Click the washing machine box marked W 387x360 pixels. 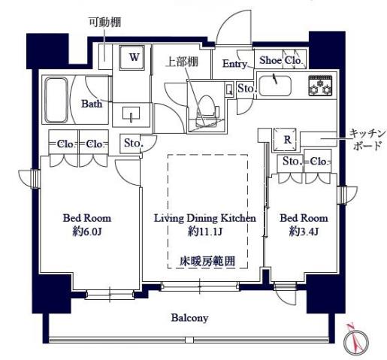pyautogui.click(x=135, y=57)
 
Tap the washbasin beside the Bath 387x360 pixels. pyautogui.click(x=132, y=115)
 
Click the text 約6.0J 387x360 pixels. pyautogui.click(x=86, y=232)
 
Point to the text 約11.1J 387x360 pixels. pyautogui.click(x=205, y=232)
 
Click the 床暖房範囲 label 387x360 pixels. pyautogui.click(x=207, y=261)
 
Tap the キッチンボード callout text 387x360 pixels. pyautogui.click(x=367, y=140)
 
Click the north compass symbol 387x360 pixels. pyautogui.click(x=354, y=342)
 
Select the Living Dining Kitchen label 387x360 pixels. pyautogui.click(x=205, y=218)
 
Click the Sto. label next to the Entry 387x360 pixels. pyautogui.click(x=246, y=89)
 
